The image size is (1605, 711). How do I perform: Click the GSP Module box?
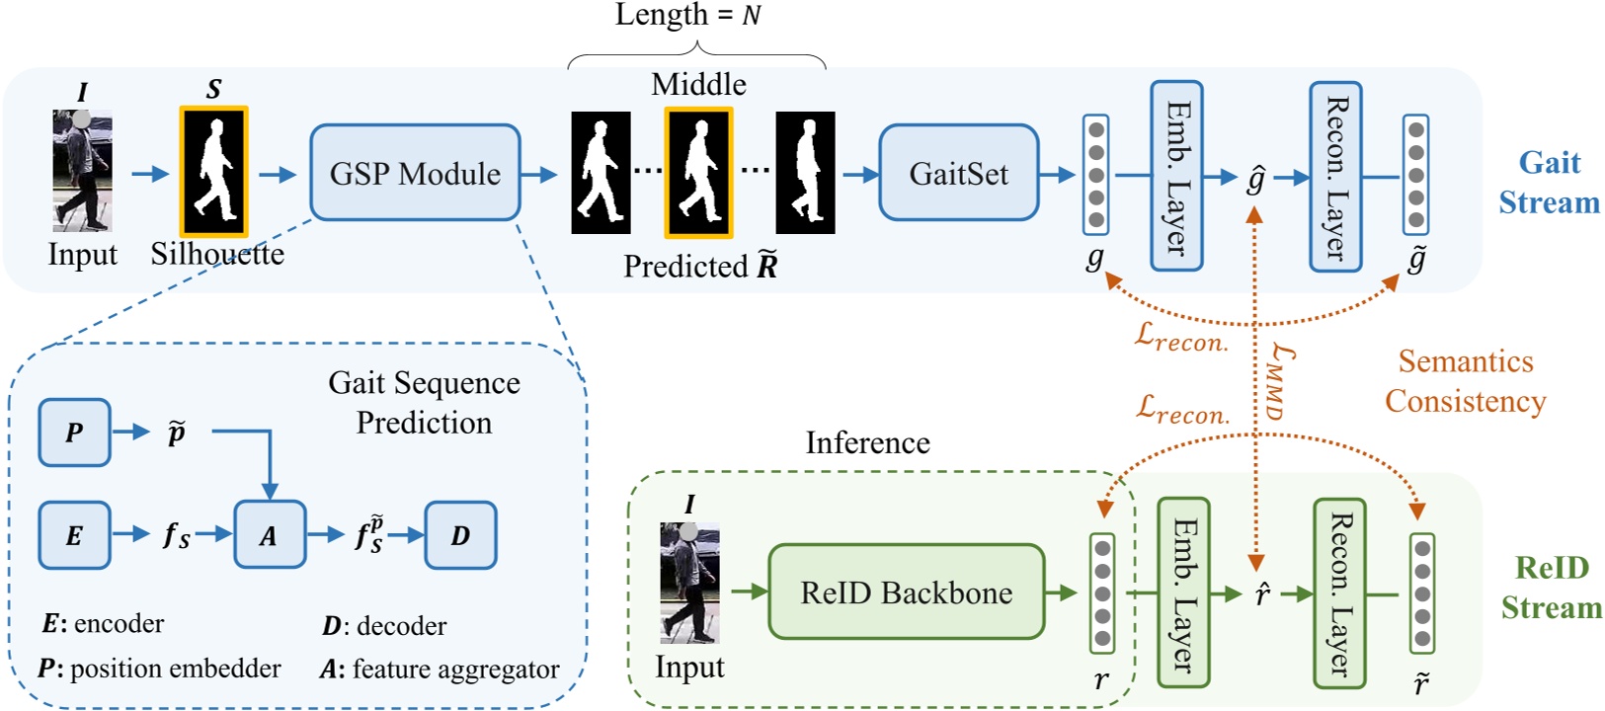(415, 173)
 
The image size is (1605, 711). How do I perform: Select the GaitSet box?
(958, 173)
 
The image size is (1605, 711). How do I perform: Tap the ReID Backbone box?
(906, 592)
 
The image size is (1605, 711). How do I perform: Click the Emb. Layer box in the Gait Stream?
(1176, 176)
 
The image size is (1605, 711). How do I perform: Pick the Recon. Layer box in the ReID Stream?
(1339, 592)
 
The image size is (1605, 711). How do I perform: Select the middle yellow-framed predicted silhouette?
(698, 174)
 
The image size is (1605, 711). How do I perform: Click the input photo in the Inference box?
(689, 583)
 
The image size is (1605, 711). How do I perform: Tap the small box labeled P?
(74, 433)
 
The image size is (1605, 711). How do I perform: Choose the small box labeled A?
(269, 534)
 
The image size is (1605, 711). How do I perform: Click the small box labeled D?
(460, 534)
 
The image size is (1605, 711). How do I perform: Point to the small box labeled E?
(74, 534)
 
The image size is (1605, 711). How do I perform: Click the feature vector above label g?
(1095, 175)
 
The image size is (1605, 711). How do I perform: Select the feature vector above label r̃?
(1421, 592)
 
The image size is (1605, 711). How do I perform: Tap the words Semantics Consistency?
(1465, 381)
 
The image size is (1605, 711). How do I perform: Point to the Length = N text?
(687, 15)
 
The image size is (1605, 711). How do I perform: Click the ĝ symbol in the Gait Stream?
(1255, 180)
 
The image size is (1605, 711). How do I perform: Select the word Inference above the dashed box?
(867, 442)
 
